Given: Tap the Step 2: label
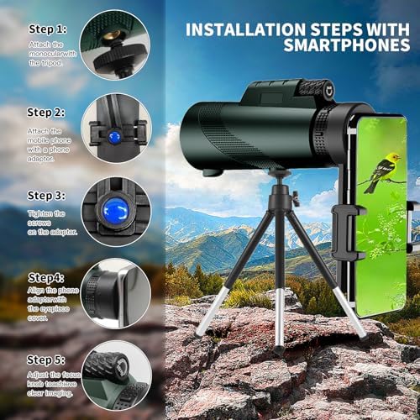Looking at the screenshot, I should pos(47,112).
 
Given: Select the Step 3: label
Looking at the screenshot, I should pos(47,195).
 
